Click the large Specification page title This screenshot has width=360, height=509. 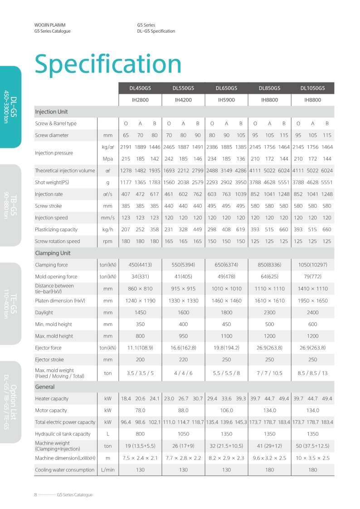pos(108,64)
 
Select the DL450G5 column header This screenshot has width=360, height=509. pos(140,88)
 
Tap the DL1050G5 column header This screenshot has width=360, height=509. pos(312,88)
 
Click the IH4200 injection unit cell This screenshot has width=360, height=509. pos(183,100)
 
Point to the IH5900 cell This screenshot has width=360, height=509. pos(226,100)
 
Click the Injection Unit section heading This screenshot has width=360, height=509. pos(51,111)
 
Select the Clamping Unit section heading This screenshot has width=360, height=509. pos(53,253)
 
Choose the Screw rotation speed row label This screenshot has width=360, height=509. pos(57,241)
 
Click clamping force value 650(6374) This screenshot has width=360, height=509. pos(226,265)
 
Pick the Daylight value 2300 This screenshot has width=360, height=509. pos(269,312)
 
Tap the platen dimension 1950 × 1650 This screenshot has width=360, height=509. pos(312,301)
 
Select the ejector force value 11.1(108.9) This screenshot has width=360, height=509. pos(140,348)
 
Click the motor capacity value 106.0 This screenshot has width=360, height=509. pos(226,410)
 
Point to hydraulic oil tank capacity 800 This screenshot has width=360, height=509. pos(140,434)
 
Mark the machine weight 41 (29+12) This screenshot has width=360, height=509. pos(269,446)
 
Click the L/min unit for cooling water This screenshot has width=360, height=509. pos(107,470)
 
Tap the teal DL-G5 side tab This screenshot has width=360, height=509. pos(10,107)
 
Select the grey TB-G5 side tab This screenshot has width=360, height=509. pos(10,205)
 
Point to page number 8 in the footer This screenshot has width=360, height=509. pos(35,494)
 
